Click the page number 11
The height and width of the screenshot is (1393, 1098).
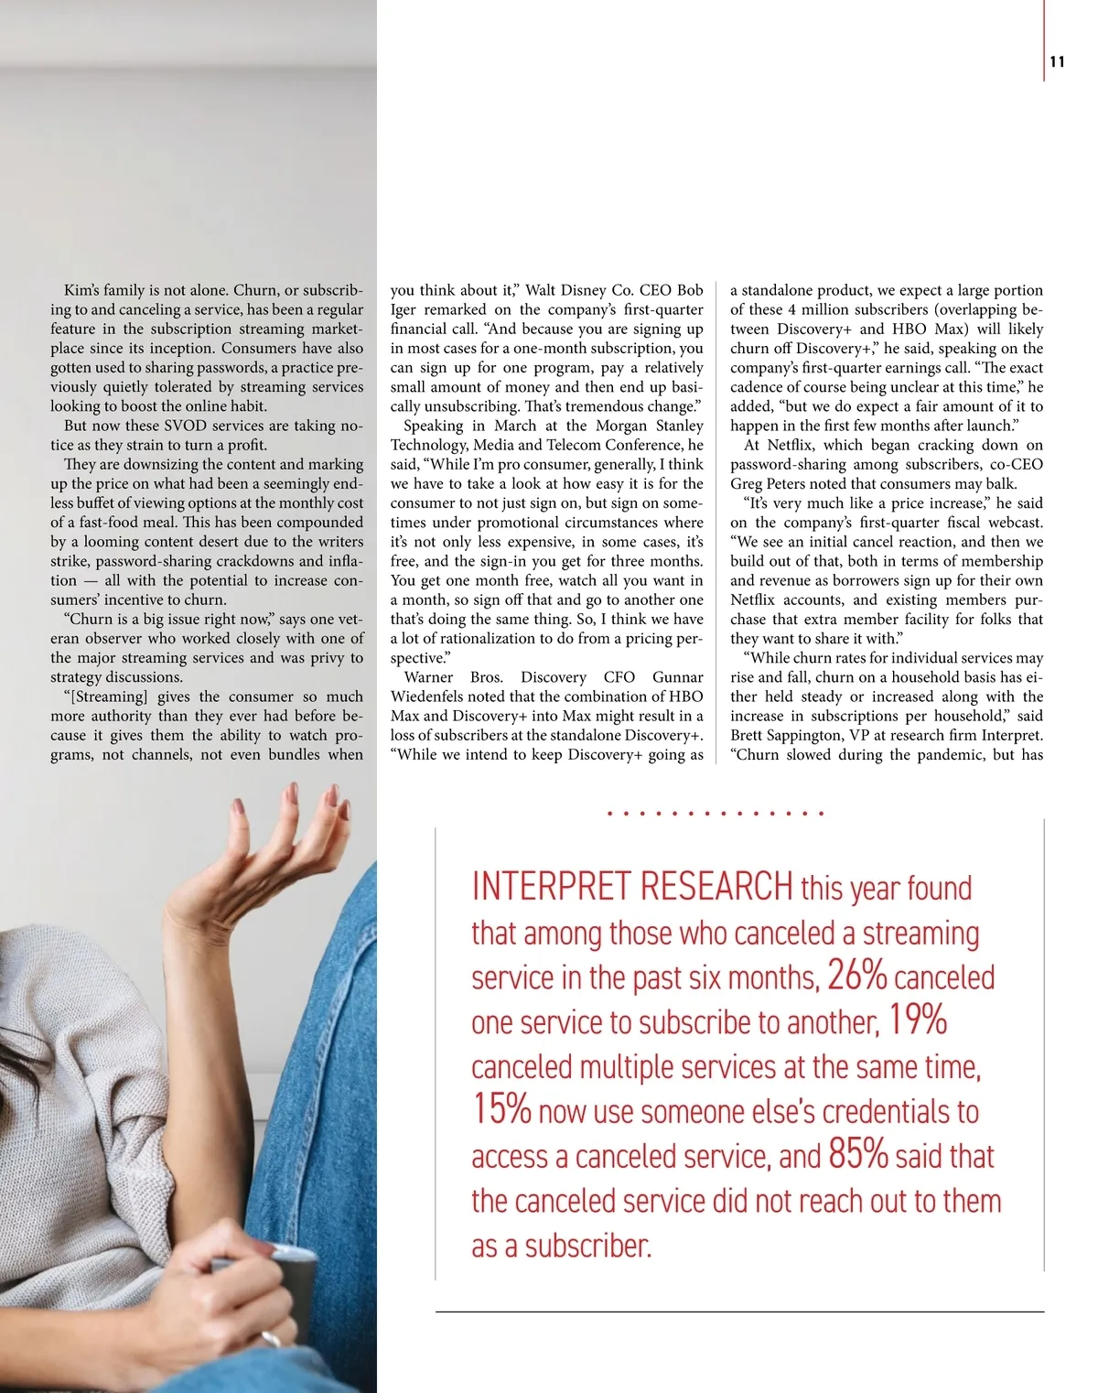click(x=1057, y=62)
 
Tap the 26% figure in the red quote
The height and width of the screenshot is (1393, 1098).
click(x=856, y=976)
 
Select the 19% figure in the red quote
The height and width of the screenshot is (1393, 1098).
click(x=918, y=1020)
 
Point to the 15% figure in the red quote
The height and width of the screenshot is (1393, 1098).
click(x=501, y=1108)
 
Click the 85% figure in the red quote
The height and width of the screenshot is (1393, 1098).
click(x=858, y=1153)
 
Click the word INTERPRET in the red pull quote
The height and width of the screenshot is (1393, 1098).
click(x=551, y=886)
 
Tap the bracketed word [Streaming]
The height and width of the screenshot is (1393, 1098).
click(x=105, y=696)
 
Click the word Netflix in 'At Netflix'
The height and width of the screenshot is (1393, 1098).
click(x=790, y=445)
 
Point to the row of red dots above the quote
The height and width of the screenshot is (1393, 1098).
click(x=715, y=813)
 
